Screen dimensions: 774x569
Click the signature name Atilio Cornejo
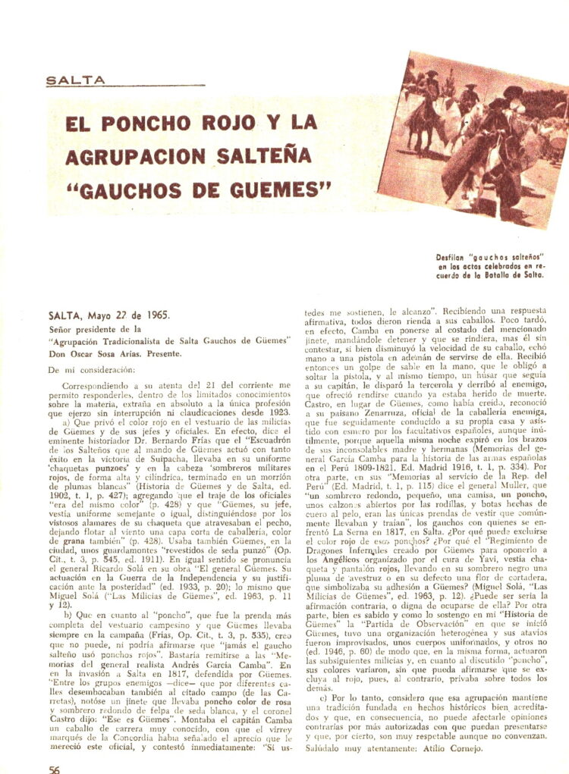(454, 746)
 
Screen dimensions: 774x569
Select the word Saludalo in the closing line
(325, 746)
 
